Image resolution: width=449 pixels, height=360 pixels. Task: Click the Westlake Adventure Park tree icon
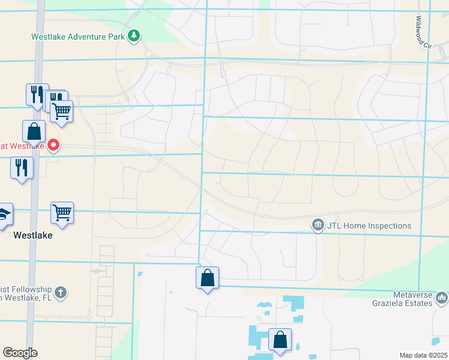click(133, 37)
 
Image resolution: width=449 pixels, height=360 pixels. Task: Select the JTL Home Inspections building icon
click(317, 226)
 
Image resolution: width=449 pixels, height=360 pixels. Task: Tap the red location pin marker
click(53, 145)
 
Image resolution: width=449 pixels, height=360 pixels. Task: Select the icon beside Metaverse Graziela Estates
click(442, 298)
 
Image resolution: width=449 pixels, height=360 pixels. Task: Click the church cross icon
click(59, 292)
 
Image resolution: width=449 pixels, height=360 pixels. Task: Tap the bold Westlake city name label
click(33, 236)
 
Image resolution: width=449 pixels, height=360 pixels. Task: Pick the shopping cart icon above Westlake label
click(62, 212)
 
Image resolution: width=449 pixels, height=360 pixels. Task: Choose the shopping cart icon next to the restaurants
click(62, 110)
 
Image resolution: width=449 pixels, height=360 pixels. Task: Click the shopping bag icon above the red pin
click(34, 130)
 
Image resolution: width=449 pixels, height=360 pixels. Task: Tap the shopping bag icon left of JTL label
click(207, 277)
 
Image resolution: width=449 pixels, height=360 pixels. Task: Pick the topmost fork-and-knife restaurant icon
click(37, 94)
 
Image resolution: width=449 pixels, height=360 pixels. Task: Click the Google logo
click(20, 353)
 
